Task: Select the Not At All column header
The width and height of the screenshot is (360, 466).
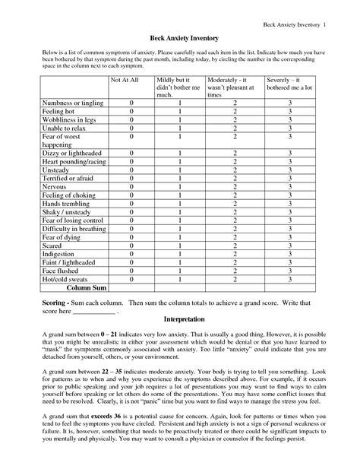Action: (125, 78)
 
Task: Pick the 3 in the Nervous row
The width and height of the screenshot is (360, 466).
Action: (289, 187)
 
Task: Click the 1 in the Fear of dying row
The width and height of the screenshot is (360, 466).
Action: (180, 237)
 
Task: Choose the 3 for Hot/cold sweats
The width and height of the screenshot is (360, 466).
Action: (289, 279)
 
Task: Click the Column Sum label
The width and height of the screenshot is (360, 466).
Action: (86, 289)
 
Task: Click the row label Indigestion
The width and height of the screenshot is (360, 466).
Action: (44, 254)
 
